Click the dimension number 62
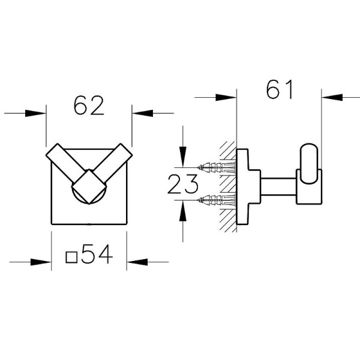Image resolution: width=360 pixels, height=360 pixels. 89,106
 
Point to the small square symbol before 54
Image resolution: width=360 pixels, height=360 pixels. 71,257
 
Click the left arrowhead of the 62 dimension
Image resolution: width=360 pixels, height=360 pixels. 37,112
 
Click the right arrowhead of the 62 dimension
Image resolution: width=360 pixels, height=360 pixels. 142,112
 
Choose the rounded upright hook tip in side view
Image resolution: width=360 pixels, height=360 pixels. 310,161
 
